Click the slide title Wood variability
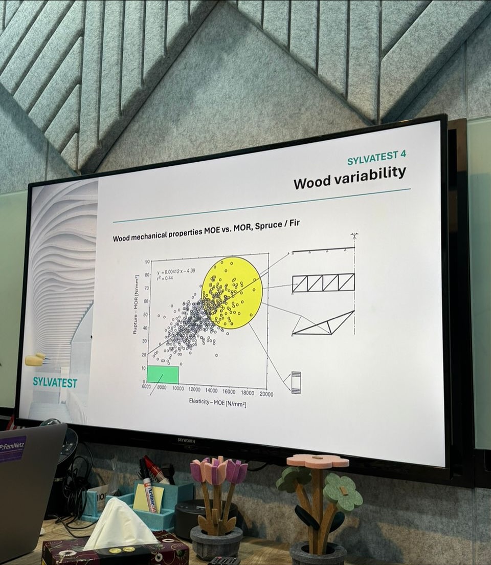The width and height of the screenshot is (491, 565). [x=349, y=177]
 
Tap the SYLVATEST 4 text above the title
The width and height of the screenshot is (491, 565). [x=376, y=157]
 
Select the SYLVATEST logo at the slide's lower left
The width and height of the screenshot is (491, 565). [x=55, y=382]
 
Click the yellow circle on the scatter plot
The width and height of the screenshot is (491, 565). [x=232, y=292]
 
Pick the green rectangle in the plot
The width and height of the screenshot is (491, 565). [x=163, y=375]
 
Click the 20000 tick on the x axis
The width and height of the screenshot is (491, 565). [x=266, y=394]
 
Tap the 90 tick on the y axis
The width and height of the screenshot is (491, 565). [x=147, y=262]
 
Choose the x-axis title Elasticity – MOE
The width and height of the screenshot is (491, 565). [x=217, y=404]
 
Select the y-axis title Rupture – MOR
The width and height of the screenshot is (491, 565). [x=136, y=305]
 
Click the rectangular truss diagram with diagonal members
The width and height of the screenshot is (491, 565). [x=323, y=282]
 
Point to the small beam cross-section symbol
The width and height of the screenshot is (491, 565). [x=296, y=382]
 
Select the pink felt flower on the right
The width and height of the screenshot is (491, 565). [x=318, y=461]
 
